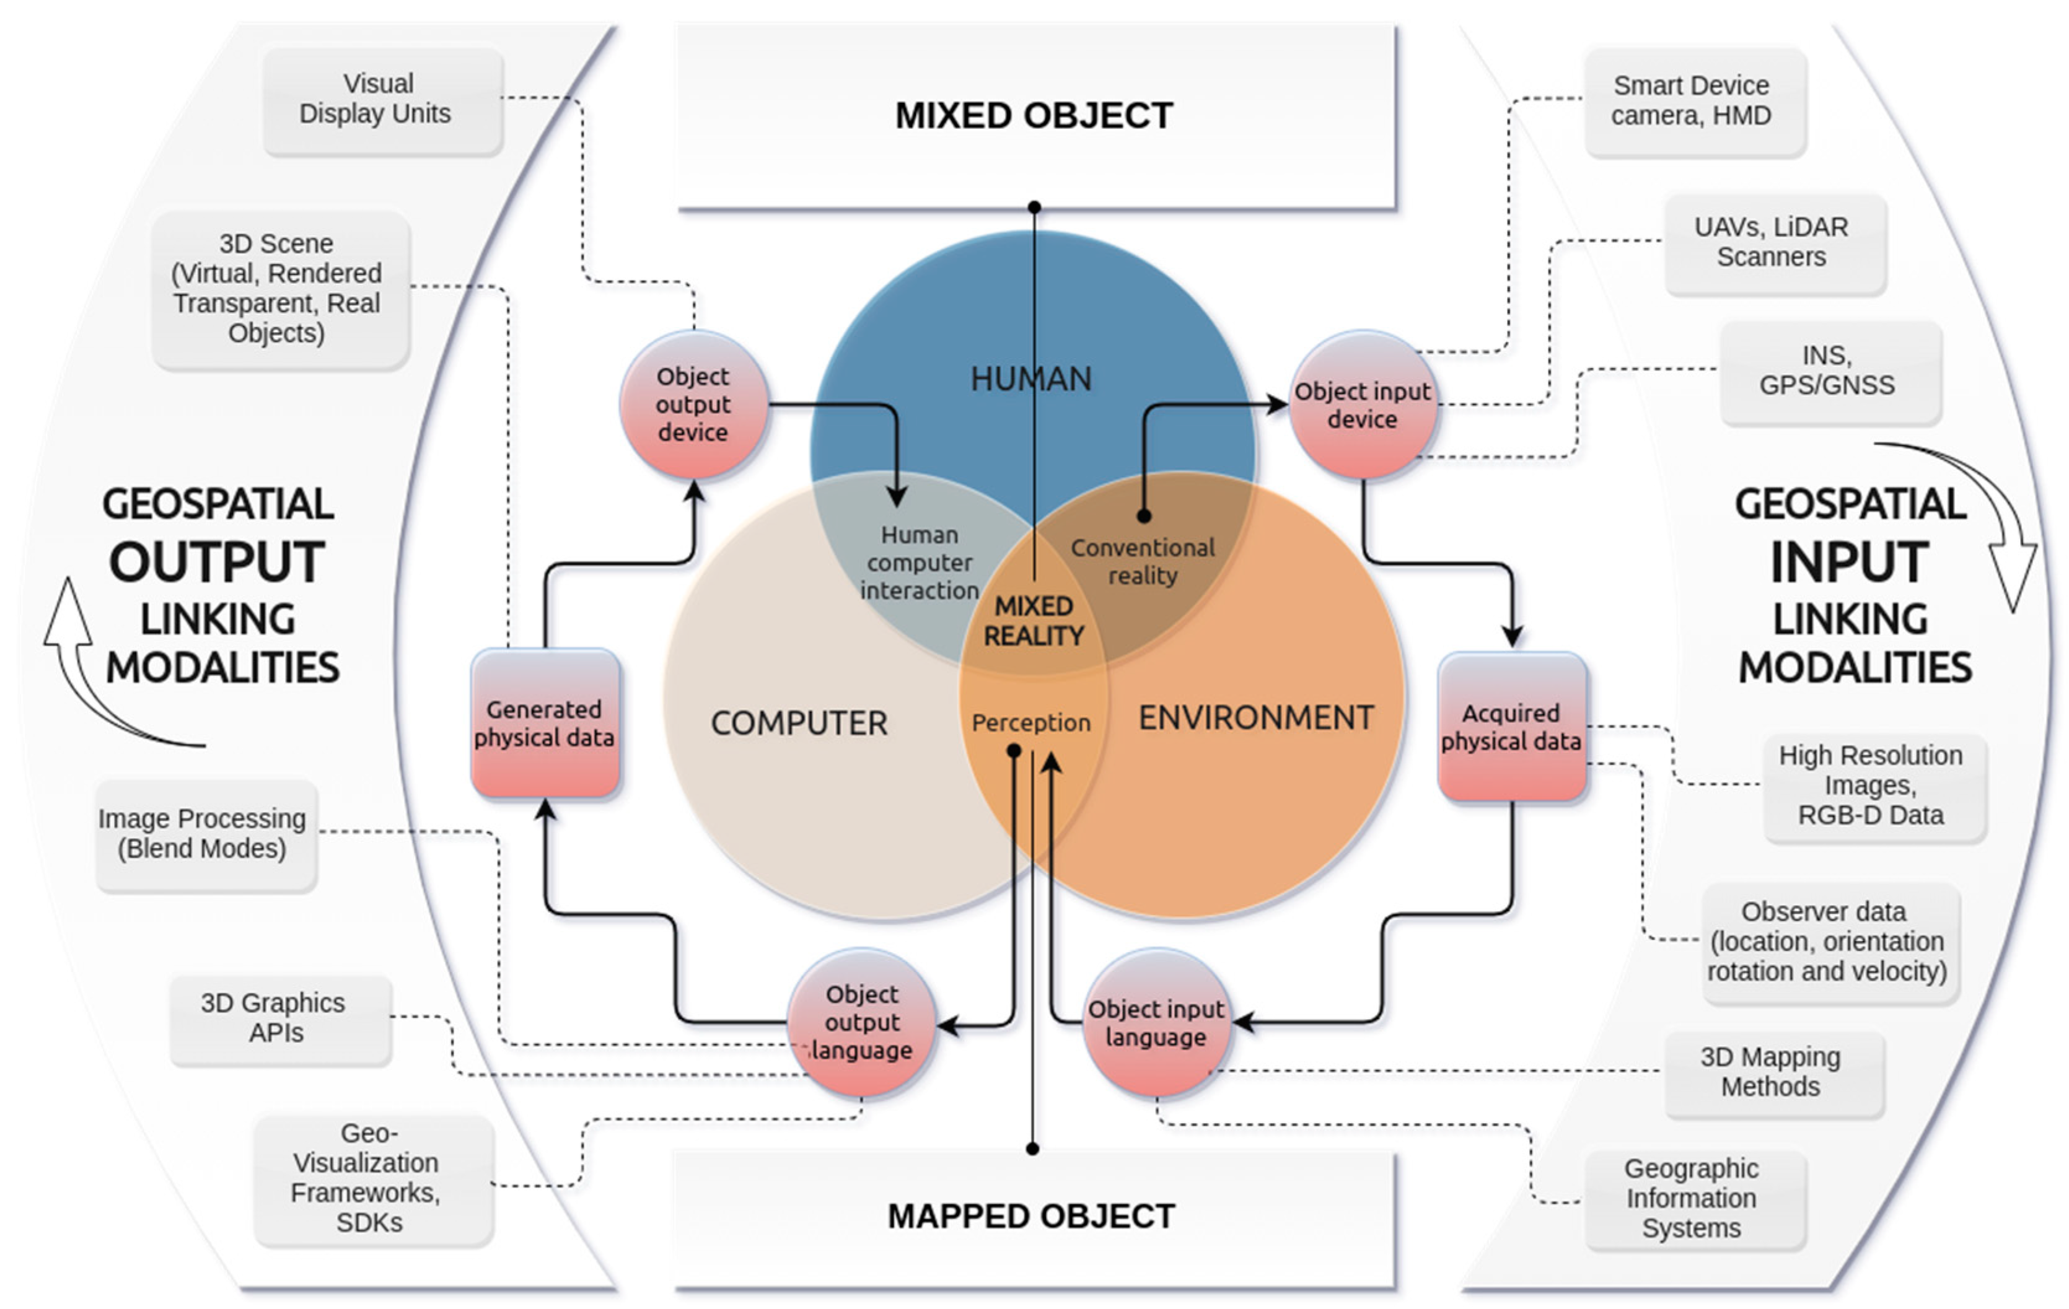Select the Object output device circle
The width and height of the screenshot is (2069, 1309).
[693, 404]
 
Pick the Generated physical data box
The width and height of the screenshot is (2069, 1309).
[545, 723]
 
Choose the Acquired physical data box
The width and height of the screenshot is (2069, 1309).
[1511, 727]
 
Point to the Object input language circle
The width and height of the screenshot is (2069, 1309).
[1156, 1022]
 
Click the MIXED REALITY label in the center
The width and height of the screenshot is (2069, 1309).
[1034, 621]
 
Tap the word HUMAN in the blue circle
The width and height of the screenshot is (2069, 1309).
[1031, 379]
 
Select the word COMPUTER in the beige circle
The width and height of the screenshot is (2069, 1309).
[799, 723]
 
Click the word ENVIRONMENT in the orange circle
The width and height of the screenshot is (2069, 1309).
[1256, 718]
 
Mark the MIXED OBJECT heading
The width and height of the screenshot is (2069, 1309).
[1035, 116]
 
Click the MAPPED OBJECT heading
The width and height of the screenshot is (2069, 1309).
[1031, 1216]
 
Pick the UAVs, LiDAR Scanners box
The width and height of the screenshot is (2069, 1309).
[1775, 244]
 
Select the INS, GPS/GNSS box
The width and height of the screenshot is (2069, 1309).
[1830, 371]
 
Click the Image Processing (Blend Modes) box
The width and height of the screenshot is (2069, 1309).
[206, 835]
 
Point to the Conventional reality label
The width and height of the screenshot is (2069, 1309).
[1143, 562]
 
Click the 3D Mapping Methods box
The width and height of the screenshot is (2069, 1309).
[1775, 1074]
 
